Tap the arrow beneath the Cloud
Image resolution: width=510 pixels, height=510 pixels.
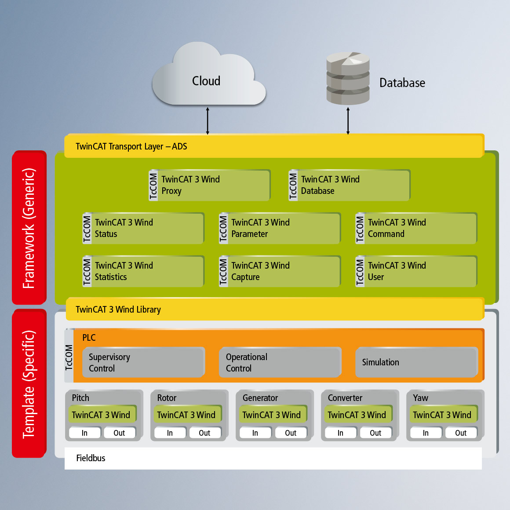[x=208, y=120]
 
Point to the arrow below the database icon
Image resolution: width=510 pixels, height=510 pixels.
[x=348, y=120]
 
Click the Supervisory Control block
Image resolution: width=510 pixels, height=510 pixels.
[x=143, y=362]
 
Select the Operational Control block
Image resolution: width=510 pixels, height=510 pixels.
[x=280, y=362]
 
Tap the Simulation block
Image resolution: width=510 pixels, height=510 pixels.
[x=416, y=362]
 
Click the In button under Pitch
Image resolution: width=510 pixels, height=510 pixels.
[x=84, y=433]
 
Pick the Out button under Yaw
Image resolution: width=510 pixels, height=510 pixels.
[x=461, y=433]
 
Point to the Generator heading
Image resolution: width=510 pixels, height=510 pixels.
[x=260, y=398]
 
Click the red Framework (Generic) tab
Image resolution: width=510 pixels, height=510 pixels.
[x=29, y=228]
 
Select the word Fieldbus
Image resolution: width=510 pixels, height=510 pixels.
[x=91, y=458]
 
